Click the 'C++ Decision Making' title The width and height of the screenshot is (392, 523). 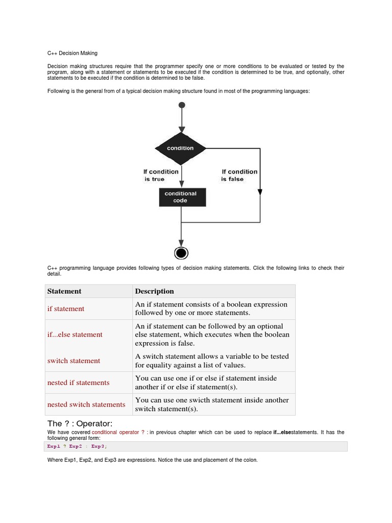(x=72, y=53)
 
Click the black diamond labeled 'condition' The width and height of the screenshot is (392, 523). (x=181, y=148)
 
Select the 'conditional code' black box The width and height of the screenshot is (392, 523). (x=181, y=197)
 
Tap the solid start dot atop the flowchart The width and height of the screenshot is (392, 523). (x=182, y=105)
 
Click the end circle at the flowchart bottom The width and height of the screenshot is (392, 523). (x=181, y=253)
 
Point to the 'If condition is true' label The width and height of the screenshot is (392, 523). (x=161, y=175)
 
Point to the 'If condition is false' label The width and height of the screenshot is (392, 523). (x=239, y=175)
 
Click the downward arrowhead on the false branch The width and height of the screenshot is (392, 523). (x=260, y=192)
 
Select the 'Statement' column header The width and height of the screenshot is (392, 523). (x=64, y=291)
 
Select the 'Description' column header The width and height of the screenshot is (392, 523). (x=154, y=291)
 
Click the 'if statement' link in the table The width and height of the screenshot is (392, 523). (x=66, y=309)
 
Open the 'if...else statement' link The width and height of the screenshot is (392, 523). (x=75, y=335)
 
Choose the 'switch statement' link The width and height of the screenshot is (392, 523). (x=73, y=361)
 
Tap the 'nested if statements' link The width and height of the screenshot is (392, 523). (x=78, y=383)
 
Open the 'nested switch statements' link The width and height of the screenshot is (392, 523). (x=86, y=405)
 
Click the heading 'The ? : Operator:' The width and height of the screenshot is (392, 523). (x=80, y=424)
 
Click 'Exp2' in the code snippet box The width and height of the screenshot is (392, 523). (x=76, y=446)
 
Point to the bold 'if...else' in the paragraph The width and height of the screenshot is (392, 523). (x=282, y=432)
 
